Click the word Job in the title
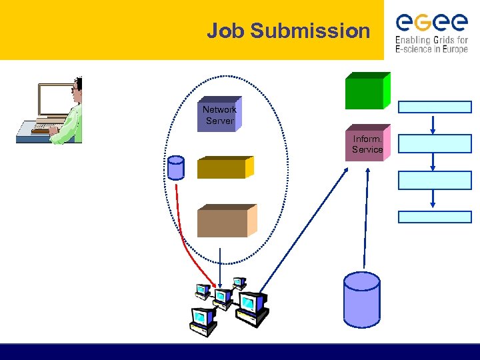(x=223, y=31)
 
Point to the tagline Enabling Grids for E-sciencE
(x=431, y=44)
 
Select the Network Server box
(x=219, y=115)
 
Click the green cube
(x=366, y=91)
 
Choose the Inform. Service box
(x=367, y=144)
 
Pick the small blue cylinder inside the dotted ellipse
(x=176, y=168)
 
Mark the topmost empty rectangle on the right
(x=435, y=107)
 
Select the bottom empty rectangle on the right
(x=435, y=217)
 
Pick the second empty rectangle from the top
(x=435, y=143)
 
